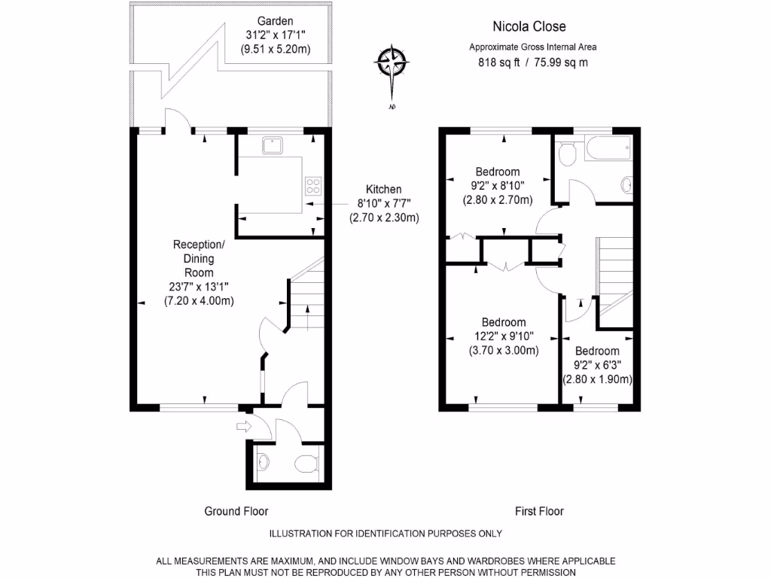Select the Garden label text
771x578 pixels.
pyautogui.click(x=275, y=21)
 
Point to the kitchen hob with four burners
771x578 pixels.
pyautogui.click(x=312, y=185)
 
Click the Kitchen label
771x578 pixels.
pyautogui.click(x=383, y=190)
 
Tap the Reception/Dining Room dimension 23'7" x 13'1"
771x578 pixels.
pyautogui.click(x=199, y=286)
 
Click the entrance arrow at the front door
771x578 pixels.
pyautogui.click(x=242, y=427)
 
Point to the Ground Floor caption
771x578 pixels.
pyautogui.click(x=236, y=511)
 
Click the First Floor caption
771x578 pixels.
pyautogui.click(x=539, y=511)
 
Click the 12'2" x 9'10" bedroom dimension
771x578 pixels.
pyautogui.click(x=504, y=336)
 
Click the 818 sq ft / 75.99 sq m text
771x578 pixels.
pyautogui.click(x=533, y=62)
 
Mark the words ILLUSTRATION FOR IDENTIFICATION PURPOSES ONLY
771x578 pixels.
pyautogui.click(x=385, y=534)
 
